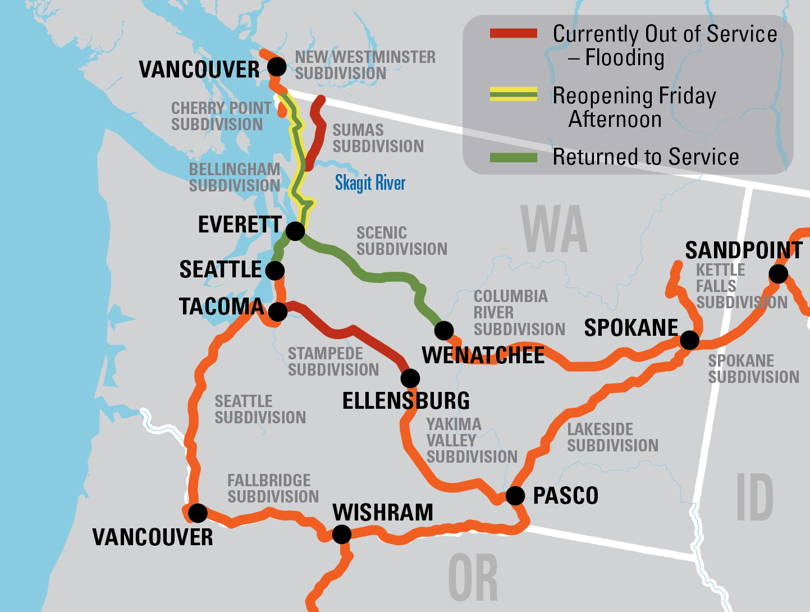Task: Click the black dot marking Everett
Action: point(295,231)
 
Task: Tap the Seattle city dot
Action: point(274,271)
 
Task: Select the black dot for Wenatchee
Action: point(444,330)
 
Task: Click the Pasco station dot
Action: point(515,496)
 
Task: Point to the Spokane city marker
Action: point(689,340)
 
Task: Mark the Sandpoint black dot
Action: point(779,274)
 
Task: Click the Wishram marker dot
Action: point(341,534)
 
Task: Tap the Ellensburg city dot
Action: point(410,378)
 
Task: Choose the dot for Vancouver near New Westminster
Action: point(276,67)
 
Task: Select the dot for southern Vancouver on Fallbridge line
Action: point(198,513)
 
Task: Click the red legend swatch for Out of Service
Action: point(513,34)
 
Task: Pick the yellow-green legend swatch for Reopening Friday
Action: point(513,94)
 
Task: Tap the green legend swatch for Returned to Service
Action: point(513,157)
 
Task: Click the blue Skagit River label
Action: point(370,183)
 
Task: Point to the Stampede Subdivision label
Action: point(333,362)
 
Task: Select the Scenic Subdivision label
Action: point(401,241)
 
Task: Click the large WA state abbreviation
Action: point(553,229)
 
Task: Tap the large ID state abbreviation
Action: point(754,497)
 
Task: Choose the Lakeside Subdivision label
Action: point(612,437)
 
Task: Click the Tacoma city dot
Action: point(278,312)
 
